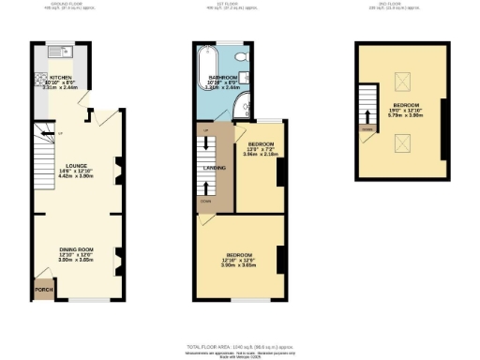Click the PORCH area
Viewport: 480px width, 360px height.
42,290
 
